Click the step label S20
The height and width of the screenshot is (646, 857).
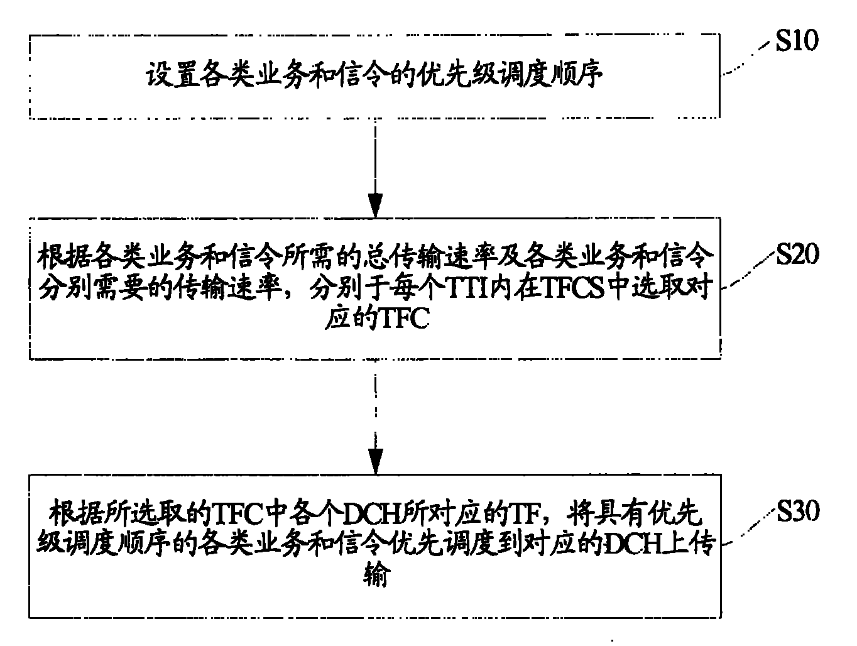tap(797, 255)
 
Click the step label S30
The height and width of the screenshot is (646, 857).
tap(797, 512)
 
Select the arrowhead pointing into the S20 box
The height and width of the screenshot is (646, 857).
tap(375, 205)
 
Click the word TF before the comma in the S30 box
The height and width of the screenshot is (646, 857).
tap(522, 515)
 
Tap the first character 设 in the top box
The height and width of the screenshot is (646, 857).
tap(156, 76)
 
